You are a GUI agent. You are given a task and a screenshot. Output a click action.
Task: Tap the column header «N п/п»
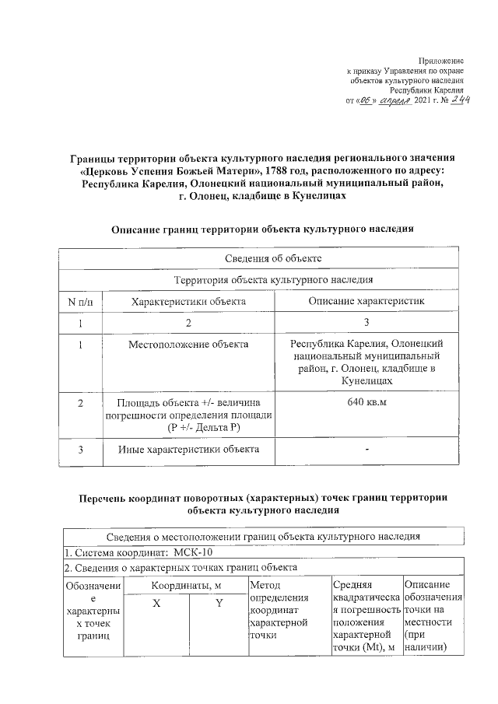(x=80, y=300)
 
